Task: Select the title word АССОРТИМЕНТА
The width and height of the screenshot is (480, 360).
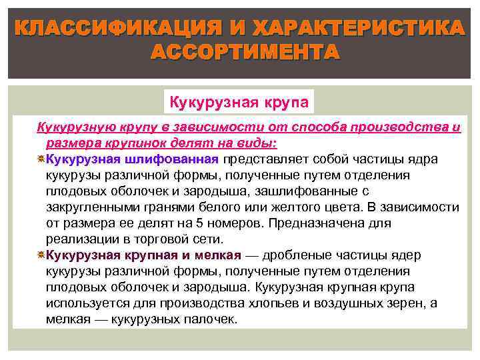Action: (x=245, y=52)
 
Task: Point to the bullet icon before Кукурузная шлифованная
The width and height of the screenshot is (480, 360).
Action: (x=41, y=159)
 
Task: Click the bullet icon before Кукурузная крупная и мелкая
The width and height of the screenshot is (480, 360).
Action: (x=41, y=255)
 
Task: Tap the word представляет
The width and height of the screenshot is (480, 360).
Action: (x=265, y=159)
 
